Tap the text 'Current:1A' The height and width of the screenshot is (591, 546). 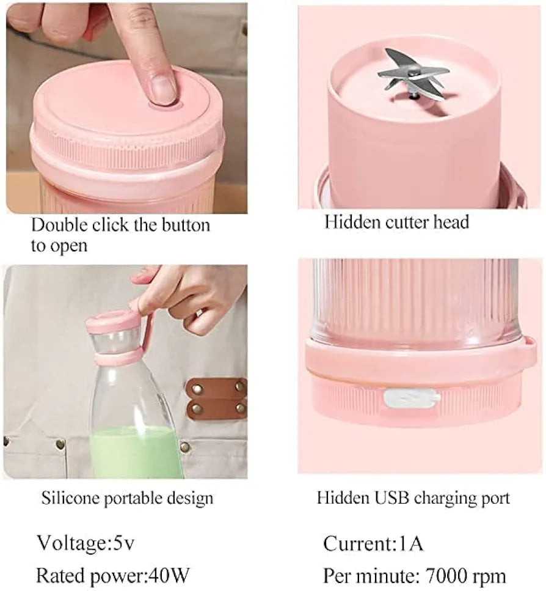coord(373,543)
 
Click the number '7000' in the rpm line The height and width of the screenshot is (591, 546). coord(450,575)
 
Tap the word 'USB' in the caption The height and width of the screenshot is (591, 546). coord(391,497)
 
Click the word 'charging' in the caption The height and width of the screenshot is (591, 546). coord(443,497)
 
